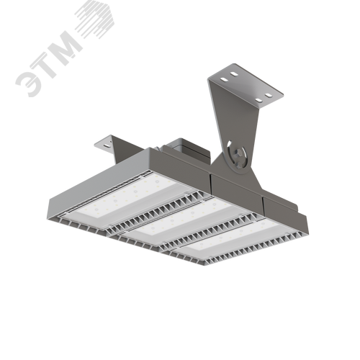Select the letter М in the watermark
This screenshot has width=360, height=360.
(x=65, y=45)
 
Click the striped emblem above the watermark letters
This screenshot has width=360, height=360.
(x=95, y=19)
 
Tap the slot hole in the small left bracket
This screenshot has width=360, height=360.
(x=106, y=145)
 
